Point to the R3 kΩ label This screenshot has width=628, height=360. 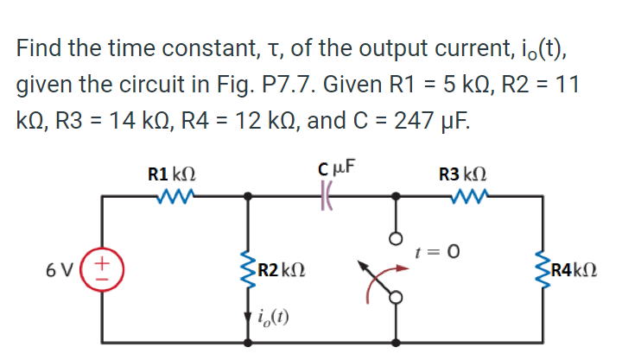tap(466, 173)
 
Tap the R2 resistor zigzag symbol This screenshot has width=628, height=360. tap(250, 269)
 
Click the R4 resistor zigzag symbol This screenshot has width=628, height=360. tap(542, 269)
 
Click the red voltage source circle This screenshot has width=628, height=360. tap(104, 269)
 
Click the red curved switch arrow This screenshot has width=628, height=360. tap(376, 285)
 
